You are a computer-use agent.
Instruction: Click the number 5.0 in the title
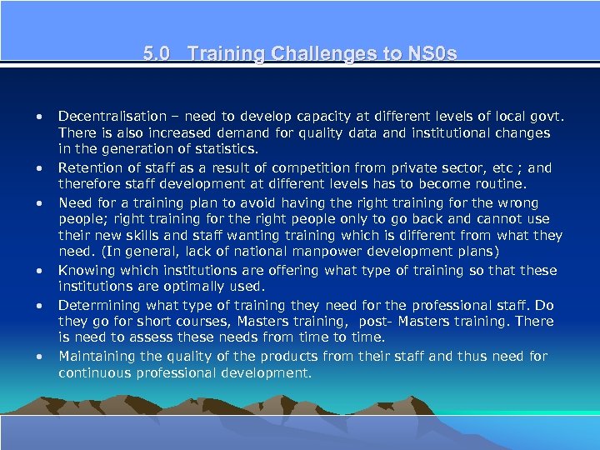[x=155, y=54]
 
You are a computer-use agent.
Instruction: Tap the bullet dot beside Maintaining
[x=38, y=357]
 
